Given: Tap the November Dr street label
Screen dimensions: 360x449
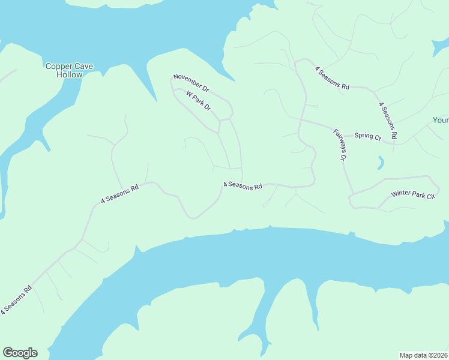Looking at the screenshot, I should [x=191, y=83].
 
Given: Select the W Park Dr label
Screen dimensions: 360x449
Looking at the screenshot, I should [x=199, y=101].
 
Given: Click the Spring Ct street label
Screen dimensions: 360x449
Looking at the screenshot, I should [x=367, y=136].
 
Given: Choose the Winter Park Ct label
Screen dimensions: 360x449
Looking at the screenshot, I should [x=412, y=194].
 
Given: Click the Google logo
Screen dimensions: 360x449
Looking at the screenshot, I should [x=20, y=353].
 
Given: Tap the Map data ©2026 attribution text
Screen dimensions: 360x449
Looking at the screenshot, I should [x=424, y=355].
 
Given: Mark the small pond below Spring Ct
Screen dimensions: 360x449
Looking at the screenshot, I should [x=381, y=162].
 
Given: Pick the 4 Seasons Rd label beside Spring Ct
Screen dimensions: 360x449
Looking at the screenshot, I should [x=388, y=121].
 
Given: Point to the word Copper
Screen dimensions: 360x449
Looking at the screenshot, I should [x=58, y=66].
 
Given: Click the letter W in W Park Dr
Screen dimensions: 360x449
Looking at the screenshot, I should [x=188, y=94].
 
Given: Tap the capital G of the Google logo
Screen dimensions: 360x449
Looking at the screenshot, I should [x=8, y=353].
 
